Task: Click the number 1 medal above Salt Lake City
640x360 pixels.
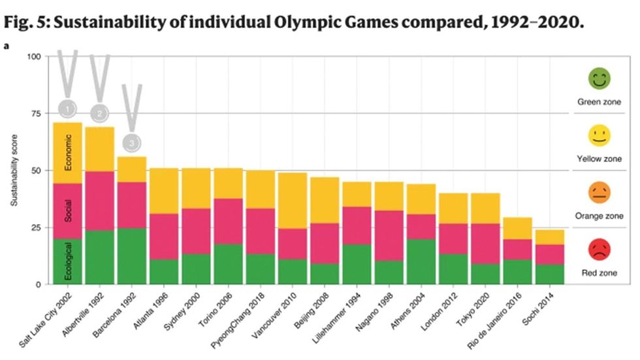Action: tap(68, 108)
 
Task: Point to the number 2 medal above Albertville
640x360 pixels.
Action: tap(99, 114)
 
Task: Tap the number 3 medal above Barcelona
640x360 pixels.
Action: tap(131, 142)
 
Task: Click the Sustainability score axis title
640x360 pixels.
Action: tap(14, 171)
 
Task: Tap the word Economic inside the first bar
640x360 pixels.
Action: tap(68, 152)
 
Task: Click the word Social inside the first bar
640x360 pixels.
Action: tap(68, 211)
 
